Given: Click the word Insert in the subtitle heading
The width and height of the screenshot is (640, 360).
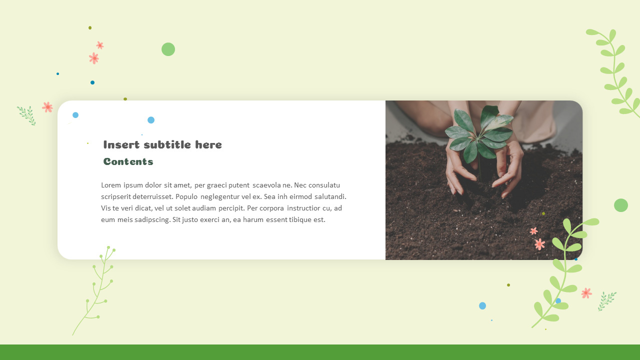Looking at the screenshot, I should [121, 145].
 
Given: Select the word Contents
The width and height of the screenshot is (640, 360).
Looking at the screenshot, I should [128, 161].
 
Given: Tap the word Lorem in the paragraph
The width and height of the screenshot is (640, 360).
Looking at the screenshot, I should [111, 185].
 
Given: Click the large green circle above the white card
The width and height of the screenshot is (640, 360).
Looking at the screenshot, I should [168, 49].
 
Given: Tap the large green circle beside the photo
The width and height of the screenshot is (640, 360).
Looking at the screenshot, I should [620, 205].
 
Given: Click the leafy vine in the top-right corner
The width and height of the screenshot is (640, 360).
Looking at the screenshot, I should [615, 70].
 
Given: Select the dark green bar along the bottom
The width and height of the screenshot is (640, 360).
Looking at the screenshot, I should [320, 352].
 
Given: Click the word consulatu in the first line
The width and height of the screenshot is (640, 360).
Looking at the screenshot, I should [324, 185].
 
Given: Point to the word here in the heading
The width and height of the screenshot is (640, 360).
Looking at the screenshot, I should [208, 145].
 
